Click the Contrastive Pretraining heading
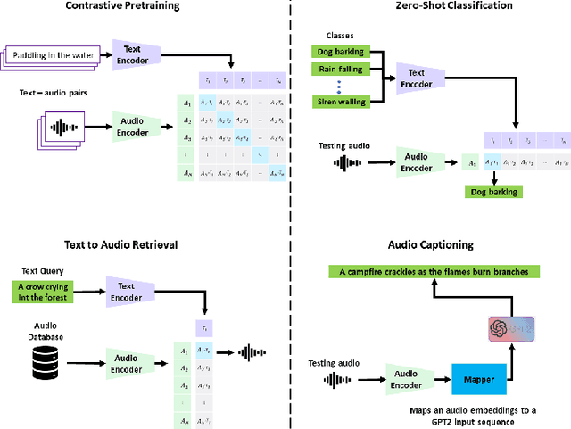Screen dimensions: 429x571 [122, 6]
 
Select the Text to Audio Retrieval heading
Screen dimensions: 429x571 [120, 245]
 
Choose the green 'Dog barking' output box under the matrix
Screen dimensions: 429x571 [492, 191]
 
